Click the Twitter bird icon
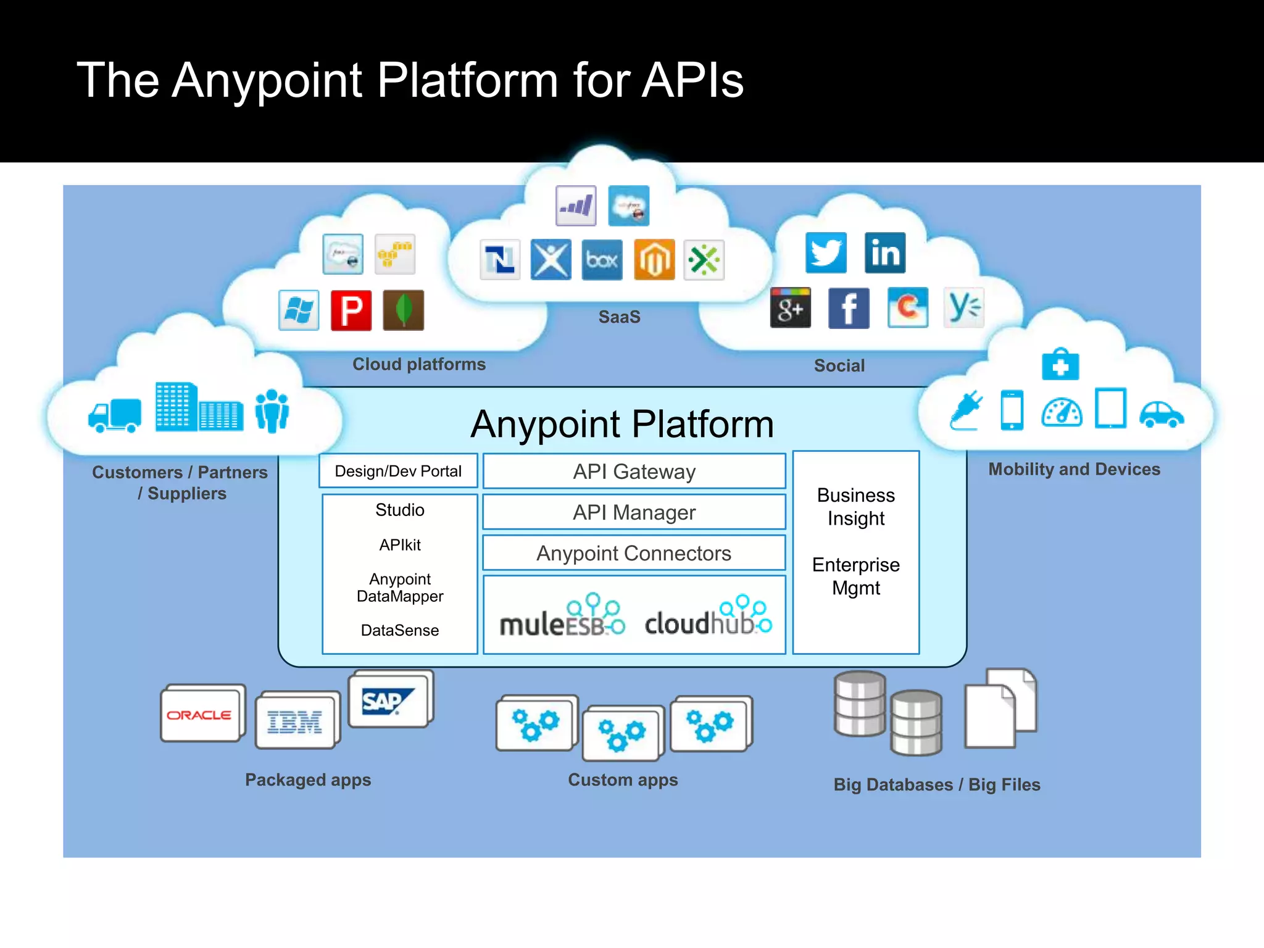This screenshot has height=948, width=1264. click(826, 253)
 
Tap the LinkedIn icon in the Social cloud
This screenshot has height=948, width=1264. click(885, 253)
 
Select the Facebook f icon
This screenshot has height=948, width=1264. click(849, 308)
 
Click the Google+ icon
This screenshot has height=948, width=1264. click(790, 307)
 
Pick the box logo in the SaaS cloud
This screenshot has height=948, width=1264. click(602, 260)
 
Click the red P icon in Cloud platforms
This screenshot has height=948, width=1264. click(351, 310)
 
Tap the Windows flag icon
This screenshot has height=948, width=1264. click(299, 310)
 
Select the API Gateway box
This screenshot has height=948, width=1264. click(634, 472)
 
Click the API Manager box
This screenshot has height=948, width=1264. click(634, 512)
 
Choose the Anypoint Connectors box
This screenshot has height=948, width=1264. click(634, 553)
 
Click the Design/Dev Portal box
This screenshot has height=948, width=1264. click(398, 472)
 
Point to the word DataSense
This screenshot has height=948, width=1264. click(400, 630)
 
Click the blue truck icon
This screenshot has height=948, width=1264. click(115, 415)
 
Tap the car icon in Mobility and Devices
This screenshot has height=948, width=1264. click(1161, 414)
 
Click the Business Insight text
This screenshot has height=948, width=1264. click(855, 507)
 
